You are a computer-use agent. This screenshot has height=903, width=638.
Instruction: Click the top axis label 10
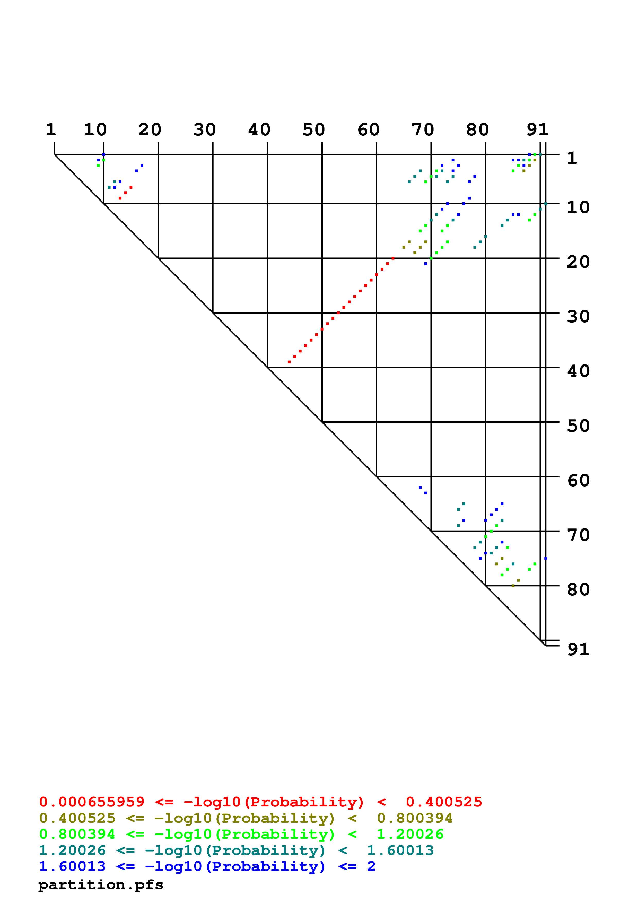tap(95, 130)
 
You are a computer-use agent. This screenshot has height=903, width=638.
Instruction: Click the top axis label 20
tap(150, 130)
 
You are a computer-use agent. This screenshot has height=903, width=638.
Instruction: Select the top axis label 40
tap(259, 130)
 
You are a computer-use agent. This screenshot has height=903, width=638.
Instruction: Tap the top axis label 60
tap(368, 130)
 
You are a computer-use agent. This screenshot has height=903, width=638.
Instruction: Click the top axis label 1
tap(51, 130)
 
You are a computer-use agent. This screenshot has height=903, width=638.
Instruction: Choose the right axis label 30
tap(578, 317)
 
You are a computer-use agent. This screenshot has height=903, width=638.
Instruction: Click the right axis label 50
tap(578, 426)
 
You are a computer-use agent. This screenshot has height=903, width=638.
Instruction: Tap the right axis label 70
tap(578, 535)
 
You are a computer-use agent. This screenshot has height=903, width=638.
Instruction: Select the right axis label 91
tap(578, 650)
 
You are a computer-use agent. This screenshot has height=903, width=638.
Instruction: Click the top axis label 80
tap(478, 130)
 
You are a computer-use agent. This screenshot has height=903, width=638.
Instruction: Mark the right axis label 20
tap(578, 262)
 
